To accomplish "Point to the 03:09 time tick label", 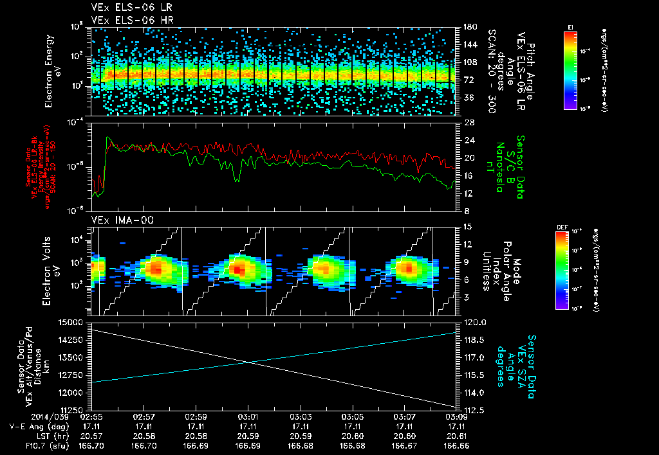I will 456,416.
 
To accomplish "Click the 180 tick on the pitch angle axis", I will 469,26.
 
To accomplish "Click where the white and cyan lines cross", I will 250,362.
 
